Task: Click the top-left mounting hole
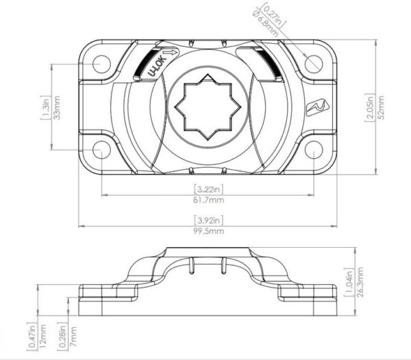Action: [101, 64]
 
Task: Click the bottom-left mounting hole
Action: [101, 150]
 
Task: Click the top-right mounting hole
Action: [314, 64]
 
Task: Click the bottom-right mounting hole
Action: [314, 150]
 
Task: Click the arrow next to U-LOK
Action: [172, 53]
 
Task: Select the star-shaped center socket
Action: [208, 107]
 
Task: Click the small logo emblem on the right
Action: [317, 107]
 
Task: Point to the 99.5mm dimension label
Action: [209, 231]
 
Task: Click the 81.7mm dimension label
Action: [209, 201]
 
